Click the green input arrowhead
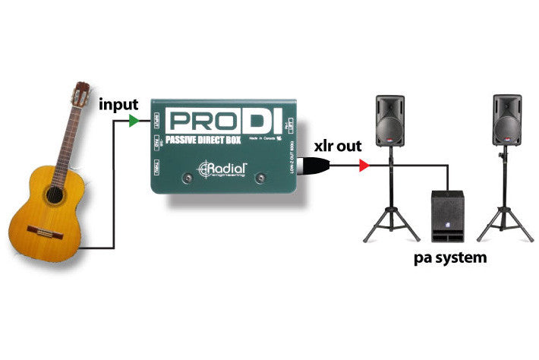click(x=134, y=120)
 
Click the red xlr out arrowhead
click(x=364, y=165)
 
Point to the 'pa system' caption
click(x=450, y=257)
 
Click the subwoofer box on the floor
click(x=446, y=215)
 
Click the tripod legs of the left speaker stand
click(x=389, y=220)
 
